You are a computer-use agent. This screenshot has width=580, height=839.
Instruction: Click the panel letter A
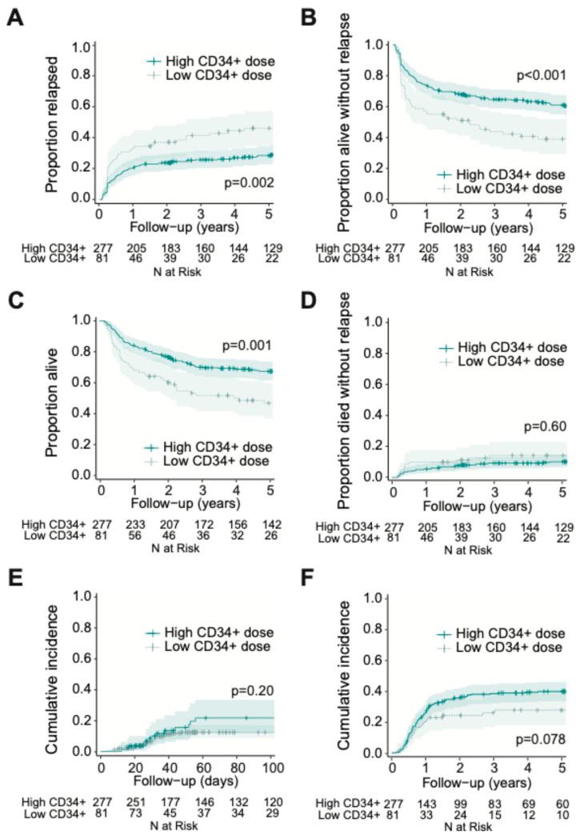14,18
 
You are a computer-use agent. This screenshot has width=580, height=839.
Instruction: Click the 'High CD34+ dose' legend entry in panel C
210,446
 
